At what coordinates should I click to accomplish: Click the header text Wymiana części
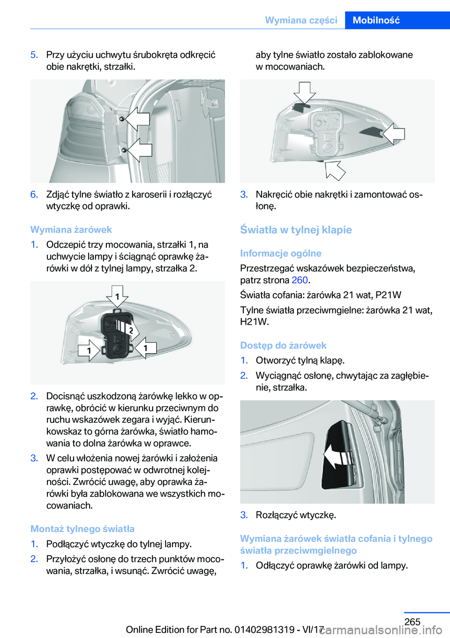point(301,20)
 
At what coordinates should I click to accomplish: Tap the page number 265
point(412,622)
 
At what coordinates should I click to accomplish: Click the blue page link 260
point(300,280)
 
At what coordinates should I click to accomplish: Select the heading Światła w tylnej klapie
point(296,230)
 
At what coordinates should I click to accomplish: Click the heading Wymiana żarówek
point(71,230)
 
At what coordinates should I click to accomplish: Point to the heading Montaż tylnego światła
point(82,529)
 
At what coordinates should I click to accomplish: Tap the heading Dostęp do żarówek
point(283,346)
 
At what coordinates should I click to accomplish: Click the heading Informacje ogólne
point(281,253)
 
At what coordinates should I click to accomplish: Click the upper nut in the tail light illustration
point(122,119)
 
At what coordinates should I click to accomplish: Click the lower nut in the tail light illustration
point(124,150)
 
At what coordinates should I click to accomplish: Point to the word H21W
point(255,322)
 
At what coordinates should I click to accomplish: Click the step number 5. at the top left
point(35,55)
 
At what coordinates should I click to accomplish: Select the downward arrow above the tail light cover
point(305,93)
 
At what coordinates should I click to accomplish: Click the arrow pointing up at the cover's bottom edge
point(335,171)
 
